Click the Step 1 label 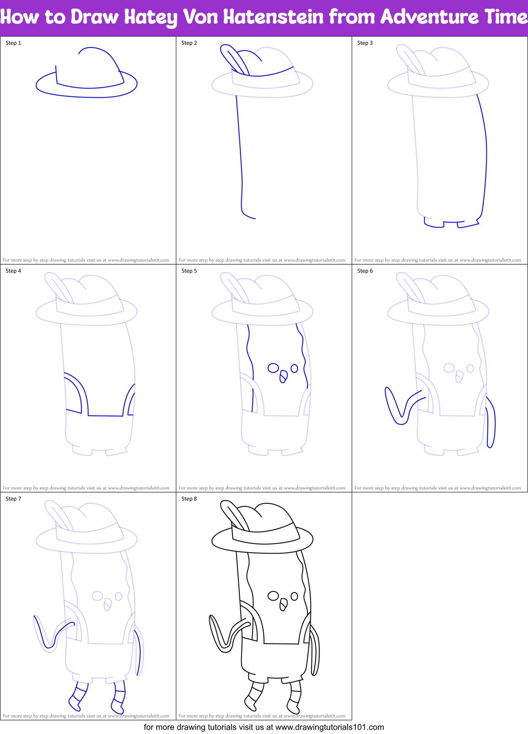(x=13, y=43)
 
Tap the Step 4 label (x=13, y=271)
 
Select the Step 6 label (x=365, y=271)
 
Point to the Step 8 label (x=189, y=499)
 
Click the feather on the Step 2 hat (x=233, y=58)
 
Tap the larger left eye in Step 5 (x=273, y=368)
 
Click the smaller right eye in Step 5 (x=295, y=368)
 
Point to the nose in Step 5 (x=283, y=377)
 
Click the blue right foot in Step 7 (x=118, y=699)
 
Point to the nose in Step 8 (x=283, y=605)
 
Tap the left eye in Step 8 (x=273, y=596)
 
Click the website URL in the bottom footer (x=330, y=727)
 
